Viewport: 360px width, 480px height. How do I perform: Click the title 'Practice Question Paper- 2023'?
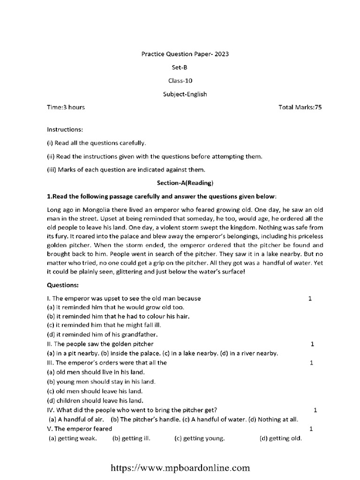[185, 54]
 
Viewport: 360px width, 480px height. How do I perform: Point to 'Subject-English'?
[185, 94]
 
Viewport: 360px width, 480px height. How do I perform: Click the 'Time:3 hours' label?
[66, 107]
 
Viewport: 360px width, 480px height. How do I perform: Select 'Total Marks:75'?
[300, 107]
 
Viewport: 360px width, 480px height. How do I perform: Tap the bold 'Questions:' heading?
[63, 285]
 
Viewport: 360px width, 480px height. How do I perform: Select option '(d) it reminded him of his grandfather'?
[103, 335]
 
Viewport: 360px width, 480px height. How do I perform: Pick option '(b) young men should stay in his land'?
[102, 382]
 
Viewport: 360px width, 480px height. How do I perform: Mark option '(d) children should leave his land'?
[95, 400]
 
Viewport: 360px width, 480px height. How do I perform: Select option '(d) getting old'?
[281, 439]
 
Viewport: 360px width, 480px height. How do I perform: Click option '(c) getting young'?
[200, 439]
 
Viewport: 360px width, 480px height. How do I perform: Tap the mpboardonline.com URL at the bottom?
[180, 467]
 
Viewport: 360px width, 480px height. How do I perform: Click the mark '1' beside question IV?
[315, 410]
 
